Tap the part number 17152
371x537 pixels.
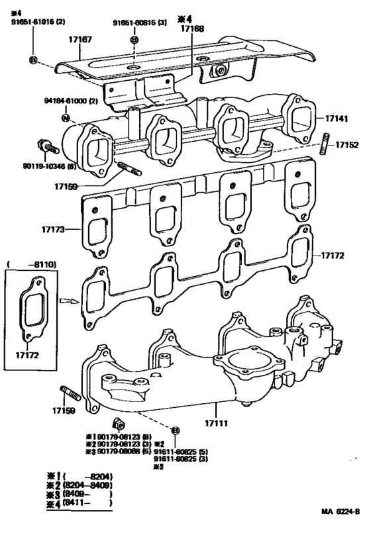346,144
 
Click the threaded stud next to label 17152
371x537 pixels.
325,144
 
